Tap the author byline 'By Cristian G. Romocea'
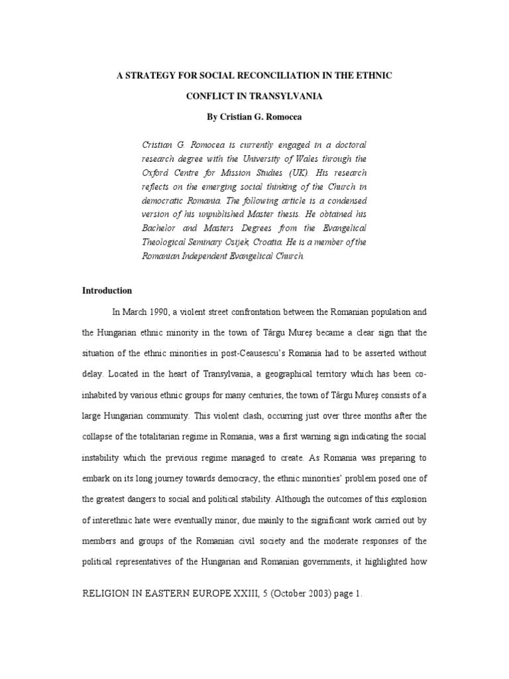(254, 116)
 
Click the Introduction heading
(107, 290)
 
